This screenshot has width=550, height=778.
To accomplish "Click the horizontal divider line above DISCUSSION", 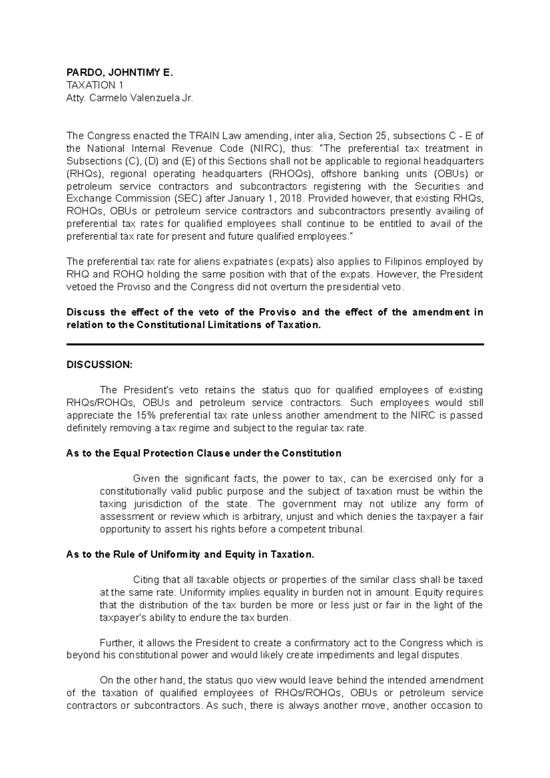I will pyautogui.click(x=275, y=344).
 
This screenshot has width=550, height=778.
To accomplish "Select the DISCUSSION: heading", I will pyautogui.click(x=99, y=365).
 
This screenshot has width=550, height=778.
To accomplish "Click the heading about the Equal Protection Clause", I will pyautogui.click(x=204, y=454).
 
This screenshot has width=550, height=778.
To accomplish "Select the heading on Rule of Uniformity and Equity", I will pyautogui.click(x=190, y=554).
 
